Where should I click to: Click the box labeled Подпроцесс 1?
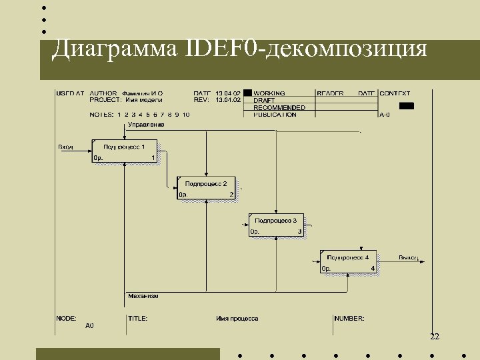pos(125,151)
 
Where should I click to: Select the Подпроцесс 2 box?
pos(206,188)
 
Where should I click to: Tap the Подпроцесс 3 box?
pos(276,225)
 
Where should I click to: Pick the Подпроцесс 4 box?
pos(348,261)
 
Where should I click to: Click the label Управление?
pos(146,125)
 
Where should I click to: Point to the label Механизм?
pos(143,296)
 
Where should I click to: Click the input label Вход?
pos(65,147)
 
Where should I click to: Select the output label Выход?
pos(408,257)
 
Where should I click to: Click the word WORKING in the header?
pos(269,93)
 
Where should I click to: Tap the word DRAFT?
pos(264,101)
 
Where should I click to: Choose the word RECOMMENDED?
pos(279,107)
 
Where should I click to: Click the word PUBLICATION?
pos(275,115)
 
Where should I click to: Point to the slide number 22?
pos(435,337)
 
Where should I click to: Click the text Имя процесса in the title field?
pos(237,319)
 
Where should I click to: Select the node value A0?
pos(89,326)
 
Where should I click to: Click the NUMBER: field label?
pos(349,319)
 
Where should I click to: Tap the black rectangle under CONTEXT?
pos(406,105)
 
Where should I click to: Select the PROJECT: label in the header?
pos(105,100)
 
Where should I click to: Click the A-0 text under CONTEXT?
pos(385,115)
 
